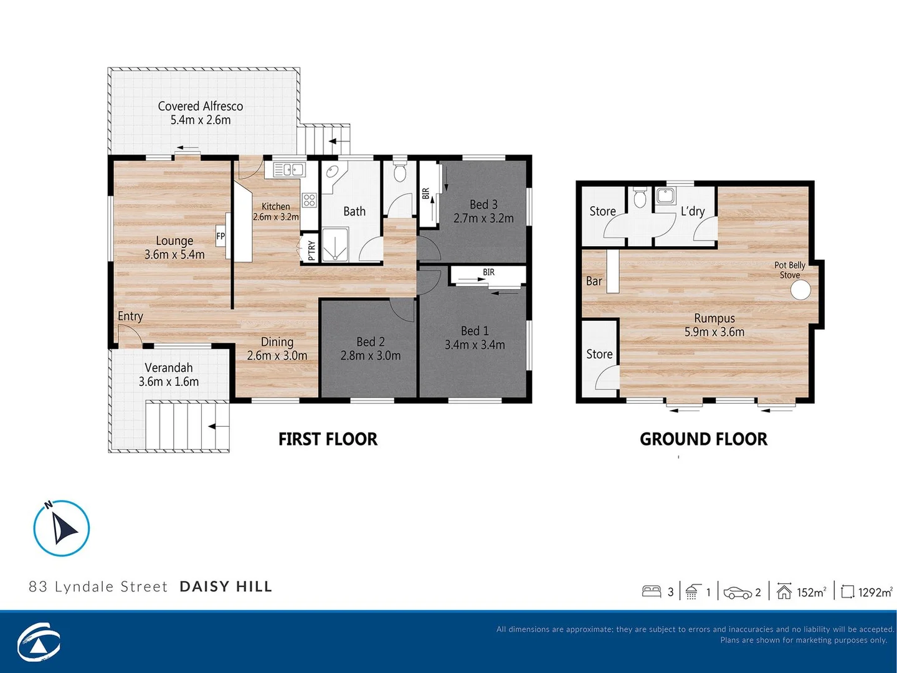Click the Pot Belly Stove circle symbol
coord(800,290)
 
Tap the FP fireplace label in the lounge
coord(221,236)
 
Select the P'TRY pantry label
coord(311,250)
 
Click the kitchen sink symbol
coord(288,169)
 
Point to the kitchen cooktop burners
coord(309,200)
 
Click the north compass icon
coord(62,528)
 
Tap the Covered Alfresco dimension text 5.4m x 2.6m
coord(201,120)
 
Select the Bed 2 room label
coord(370,341)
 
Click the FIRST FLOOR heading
coord(328,439)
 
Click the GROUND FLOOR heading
coord(703,439)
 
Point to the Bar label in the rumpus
coord(594,281)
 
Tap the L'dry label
coord(692,211)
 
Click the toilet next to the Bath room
coord(400,171)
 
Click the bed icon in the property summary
coord(651,591)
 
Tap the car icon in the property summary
coord(738,593)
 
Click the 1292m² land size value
coord(875,592)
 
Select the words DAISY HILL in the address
coord(225,586)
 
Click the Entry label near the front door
coord(130,316)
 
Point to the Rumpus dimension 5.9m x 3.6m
coord(714,332)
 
